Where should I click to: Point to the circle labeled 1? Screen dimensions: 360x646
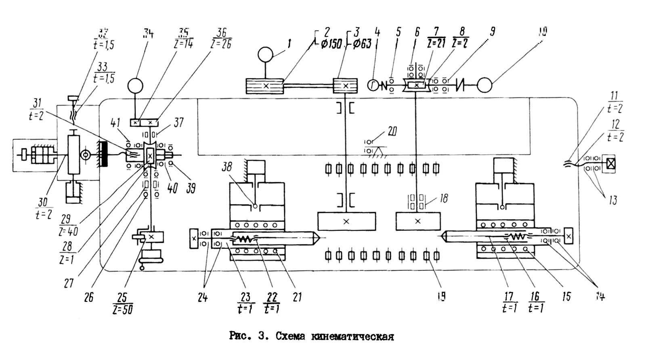[266, 55]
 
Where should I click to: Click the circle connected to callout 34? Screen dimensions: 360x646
[135, 86]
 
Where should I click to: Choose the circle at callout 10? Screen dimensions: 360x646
[484, 86]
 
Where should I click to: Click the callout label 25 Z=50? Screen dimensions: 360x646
[122, 303]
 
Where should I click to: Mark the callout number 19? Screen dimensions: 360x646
[441, 297]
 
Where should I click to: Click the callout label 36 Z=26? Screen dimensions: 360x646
[221, 38]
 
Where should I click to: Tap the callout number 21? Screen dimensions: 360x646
[297, 297]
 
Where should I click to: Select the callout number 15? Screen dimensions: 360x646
[566, 297]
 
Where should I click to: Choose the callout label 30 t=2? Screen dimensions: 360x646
[44, 208]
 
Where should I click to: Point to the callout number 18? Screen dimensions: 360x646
[444, 198]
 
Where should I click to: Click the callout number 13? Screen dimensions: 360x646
[613, 200]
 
